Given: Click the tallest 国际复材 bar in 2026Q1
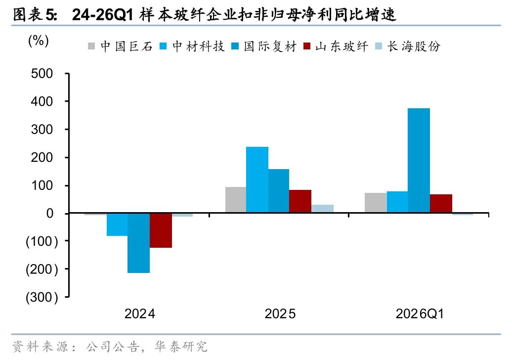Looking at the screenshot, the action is click(x=419, y=160).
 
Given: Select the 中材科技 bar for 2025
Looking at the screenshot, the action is click(x=257, y=180).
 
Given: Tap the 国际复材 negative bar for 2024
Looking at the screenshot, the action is click(x=138, y=243).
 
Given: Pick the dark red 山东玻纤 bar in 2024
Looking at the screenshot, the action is click(x=161, y=230).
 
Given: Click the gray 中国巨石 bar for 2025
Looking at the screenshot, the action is click(x=236, y=200).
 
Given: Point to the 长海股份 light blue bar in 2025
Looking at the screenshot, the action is click(x=322, y=209).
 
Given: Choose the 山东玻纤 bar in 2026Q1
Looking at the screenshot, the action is click(x=441, y=204).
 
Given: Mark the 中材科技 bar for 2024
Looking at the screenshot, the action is click(x=117, y=225).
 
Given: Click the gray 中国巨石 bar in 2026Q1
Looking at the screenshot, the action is click(x=376, y=203).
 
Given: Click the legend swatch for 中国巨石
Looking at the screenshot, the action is click(x=91, y=46).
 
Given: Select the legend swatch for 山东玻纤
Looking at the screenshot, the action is click(x=307, y=46).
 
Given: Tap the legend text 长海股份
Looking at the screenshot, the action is click(x=414, y=46).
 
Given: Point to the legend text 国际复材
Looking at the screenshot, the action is click(x=270, y=46).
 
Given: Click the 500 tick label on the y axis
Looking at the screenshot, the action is click(x=42, y=74).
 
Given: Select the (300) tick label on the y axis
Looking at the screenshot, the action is click(x=42, y=297).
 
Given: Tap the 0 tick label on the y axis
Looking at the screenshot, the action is click(x=49, y=213).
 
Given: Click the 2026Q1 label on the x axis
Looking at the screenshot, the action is click(x=420, y=314).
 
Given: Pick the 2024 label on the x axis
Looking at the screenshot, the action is click(x=140, y=314).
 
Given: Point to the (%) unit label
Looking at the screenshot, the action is click(x=39, y=41).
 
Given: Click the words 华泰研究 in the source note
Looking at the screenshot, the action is click(x=181, y=347).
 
